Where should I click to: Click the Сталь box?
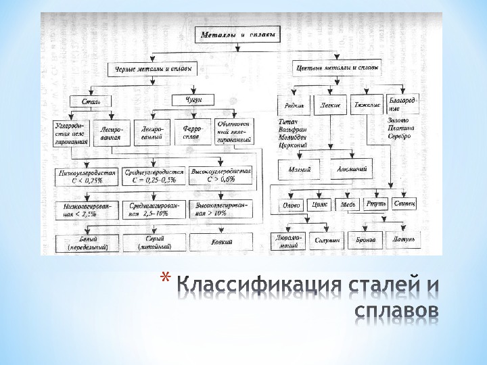tap(91, 102)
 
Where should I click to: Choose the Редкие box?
tap(294, 105)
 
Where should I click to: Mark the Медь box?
tap(348, 203)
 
